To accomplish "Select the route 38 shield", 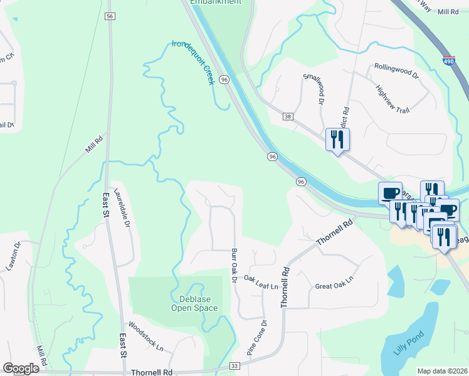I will tap(288, 117).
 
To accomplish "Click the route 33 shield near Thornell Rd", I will tap(235, 365).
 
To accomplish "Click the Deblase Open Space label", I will tap(194, 303).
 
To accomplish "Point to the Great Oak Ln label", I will tap(334, 279).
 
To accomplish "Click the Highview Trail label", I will tap(392, 100).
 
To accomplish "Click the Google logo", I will tap(21, 368).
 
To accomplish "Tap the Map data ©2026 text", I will tap(442, 371).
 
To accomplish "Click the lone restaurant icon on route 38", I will tap(337, 140).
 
